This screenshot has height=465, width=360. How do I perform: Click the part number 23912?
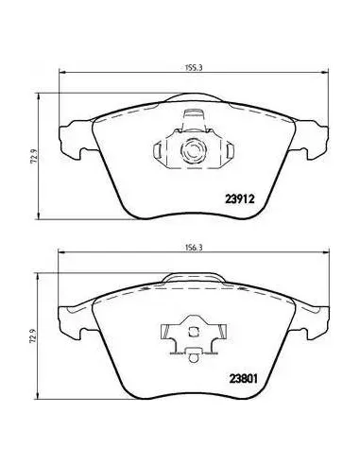tap(240, 198)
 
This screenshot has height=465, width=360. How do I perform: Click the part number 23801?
tap(243, 378)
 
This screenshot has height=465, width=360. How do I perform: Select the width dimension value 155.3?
tap(194, 67)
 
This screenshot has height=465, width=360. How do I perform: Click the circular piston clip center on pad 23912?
tap(193, 150)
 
